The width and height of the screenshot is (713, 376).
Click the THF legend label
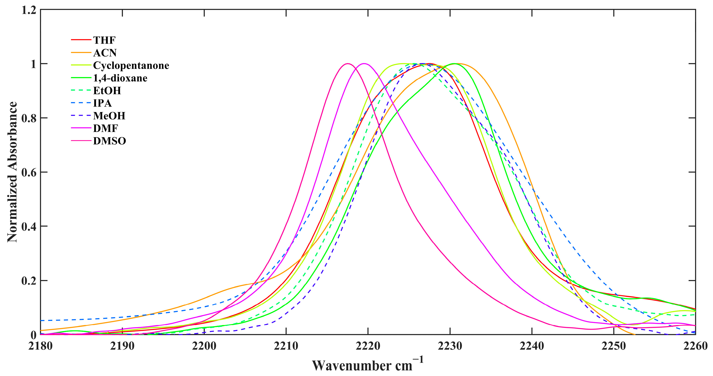pos(104,40)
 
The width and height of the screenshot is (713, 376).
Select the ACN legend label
pos(105,53)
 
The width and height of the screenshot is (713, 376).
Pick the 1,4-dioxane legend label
pos(120,78)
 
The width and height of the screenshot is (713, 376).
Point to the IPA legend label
pos(102,103)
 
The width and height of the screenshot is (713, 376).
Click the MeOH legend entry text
pos(109,116)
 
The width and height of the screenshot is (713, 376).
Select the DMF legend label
pos(105,128)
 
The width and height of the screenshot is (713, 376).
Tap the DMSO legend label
pos(109,141)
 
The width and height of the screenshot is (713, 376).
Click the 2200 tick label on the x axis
pos(204,346)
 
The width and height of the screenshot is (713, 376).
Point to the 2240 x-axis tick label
pos(532,346)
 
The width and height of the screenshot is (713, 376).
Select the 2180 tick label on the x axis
pos(40,346)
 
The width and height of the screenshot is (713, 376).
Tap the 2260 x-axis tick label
pos(695,346)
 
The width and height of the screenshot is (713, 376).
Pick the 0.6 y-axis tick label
pos(29,172)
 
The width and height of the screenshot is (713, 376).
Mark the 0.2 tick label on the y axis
pos(29,281)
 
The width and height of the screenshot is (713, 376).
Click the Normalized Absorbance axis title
pos(12,172)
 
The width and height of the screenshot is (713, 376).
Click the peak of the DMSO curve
pos(348,64)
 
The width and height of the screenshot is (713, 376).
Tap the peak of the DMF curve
pos(364,64)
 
